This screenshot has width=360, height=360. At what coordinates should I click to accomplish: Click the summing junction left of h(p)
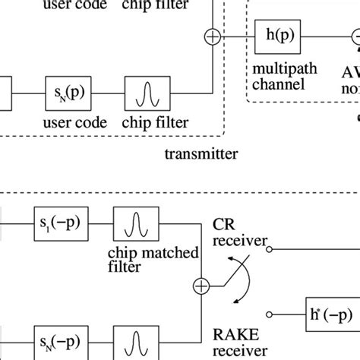pyautogui.click(x=210, y=36)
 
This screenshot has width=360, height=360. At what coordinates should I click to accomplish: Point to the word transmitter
pyautogui.click(x=201, y=154)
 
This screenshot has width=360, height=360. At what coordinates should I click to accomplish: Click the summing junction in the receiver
pyautogui.click(x=201, y=286)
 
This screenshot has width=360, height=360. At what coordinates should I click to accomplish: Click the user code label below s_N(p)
pyautogui.click(x=67, y=121)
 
